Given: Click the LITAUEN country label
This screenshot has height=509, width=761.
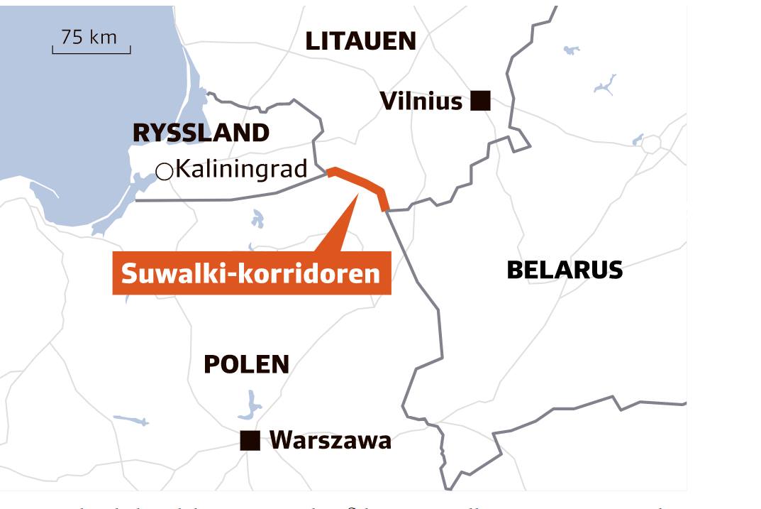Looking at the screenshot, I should [360, 41].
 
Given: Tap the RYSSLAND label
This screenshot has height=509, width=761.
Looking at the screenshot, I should [201, 133].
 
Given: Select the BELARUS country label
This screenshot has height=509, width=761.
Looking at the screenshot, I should [565, 270].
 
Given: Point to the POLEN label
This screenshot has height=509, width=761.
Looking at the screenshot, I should [246, 364].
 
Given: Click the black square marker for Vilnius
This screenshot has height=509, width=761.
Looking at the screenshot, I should [481, 101].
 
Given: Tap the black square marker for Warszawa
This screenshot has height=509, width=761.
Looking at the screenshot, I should [250, 441].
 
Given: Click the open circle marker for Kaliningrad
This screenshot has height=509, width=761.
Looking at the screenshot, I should [165, 171].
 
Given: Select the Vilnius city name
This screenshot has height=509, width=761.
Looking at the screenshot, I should [421, 101].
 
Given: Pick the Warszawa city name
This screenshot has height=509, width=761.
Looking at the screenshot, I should [330, 441].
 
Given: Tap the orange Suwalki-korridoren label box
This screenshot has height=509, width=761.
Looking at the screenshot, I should [251, 273].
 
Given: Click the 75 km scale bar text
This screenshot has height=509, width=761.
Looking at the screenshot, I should [89, 37].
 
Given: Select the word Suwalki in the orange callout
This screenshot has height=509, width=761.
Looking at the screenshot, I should [169, 273].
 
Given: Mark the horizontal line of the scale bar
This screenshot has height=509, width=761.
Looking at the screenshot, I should [91, 53].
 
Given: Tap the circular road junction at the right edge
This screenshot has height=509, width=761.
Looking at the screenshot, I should [650, 144].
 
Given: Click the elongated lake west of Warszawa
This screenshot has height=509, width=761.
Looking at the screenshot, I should [131, 420].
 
